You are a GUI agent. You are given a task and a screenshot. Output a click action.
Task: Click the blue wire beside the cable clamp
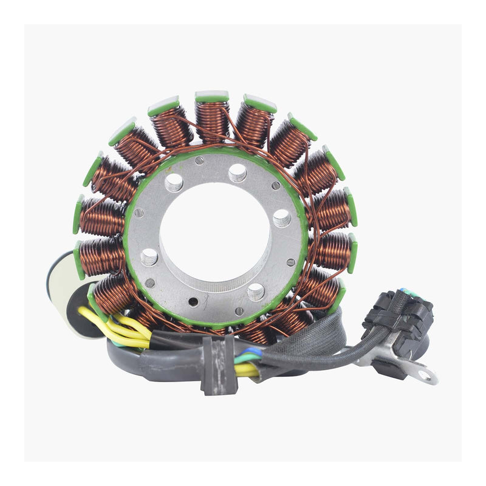252,352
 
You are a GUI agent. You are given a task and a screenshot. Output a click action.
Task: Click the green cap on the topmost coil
212,96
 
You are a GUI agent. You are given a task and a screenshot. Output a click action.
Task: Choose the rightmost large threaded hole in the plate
281,218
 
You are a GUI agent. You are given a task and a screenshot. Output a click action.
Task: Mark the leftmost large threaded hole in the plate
149,257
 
